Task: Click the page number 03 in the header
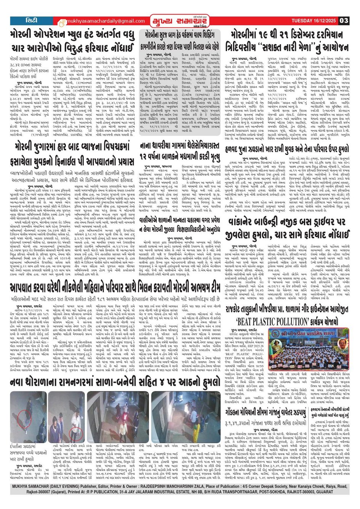(x=344, y=20)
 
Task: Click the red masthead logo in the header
(x=168, y=20)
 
